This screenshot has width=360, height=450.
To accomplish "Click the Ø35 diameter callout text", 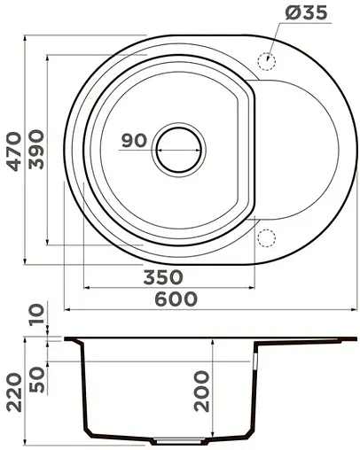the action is coord(306,12).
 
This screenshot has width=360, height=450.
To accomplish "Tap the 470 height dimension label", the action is coord(14,151).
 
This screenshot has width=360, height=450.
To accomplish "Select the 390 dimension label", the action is coord(36,150).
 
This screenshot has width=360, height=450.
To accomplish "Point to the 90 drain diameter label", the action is coord(134,141).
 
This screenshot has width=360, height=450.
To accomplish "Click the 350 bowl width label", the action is coord(163,277).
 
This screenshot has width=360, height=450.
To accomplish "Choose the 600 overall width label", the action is coord(176,299).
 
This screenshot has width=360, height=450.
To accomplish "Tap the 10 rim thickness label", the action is coord(36,314).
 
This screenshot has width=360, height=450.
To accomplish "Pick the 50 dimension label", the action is coord(37,380).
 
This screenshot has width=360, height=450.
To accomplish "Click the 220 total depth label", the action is coord(14,393).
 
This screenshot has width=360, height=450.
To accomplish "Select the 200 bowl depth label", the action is coord(201,392).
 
